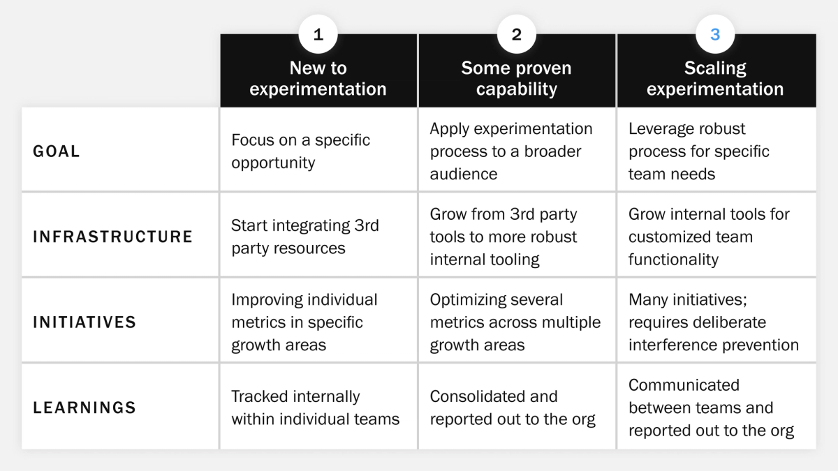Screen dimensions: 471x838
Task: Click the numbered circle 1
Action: click(x=318, y=35)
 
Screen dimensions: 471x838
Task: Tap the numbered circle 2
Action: click(x=517, y=35)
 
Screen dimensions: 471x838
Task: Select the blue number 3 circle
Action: click(x=715, y=35)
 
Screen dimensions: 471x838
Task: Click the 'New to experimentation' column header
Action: click(x=318, y=79)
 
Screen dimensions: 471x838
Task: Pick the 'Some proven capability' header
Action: click(x=517, y=79)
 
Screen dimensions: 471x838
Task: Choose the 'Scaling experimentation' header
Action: click(x=715, y=79)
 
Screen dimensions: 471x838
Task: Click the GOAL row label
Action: click(x=57, y=151)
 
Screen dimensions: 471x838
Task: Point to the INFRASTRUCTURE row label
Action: click(x=112, y=237)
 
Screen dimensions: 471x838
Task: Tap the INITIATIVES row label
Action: click(x=84, y=322)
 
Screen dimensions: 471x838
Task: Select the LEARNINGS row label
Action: click(x=84, y=407)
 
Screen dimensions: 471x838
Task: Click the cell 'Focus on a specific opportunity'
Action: click(x=301, y=151)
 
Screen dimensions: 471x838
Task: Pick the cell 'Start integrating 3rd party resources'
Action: click(x=305, y=237)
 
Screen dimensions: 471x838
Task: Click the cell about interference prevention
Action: click(x=713, y=322)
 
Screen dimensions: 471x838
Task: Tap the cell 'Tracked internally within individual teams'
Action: click(x=315, y=407)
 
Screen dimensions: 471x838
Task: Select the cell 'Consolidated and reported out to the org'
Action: click(x=513, y=407)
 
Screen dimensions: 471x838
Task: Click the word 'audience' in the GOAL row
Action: click(x=464, y=174)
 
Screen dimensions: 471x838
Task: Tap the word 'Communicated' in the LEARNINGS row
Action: click(x=684, y=385)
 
